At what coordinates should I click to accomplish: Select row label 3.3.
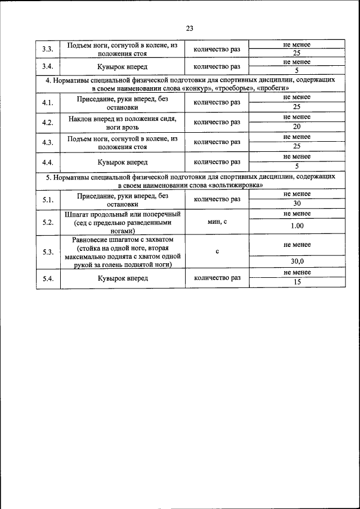pos(48,49)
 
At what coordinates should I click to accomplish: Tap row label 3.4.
pos(48,66)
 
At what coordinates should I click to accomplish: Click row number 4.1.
pos(48,102)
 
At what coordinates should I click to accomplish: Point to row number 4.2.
pos(48,123)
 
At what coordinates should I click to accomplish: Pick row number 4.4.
pos(48,162)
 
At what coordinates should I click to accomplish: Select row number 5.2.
pos(48,223)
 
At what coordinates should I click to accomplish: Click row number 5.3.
pos(48,251)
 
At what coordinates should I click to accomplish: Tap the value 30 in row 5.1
pos(297,204)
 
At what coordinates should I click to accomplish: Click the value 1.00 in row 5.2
pos(297,226)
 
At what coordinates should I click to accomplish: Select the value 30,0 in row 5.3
pos(297,262)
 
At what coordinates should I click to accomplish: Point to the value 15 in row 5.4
pos(297,282)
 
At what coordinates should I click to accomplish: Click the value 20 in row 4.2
pos(297,127)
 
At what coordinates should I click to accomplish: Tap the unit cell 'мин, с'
pos(217,223)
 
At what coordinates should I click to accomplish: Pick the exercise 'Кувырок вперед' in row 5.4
pos(123,278)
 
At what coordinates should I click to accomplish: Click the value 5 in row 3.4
pos(297,71)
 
